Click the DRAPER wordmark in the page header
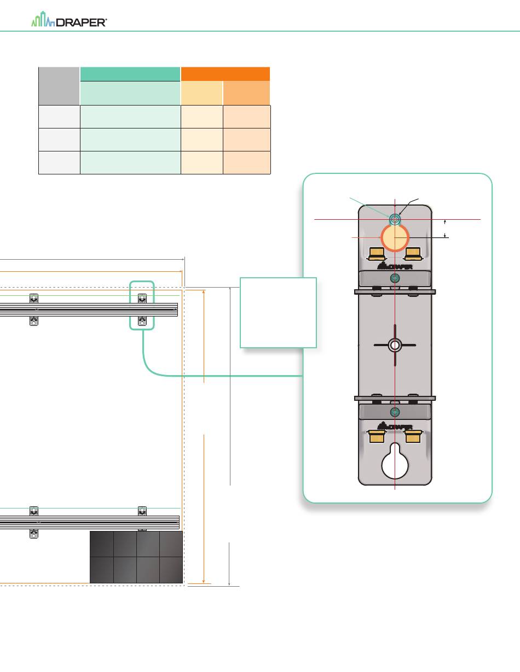[82, 22]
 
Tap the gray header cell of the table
[59, 86]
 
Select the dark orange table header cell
[226, 74]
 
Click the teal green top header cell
[130, 74]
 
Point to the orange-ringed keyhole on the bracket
[395, 238]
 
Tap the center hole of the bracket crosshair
[395, 345]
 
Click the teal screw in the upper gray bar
[395, 278]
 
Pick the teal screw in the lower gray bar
[395, 412]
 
